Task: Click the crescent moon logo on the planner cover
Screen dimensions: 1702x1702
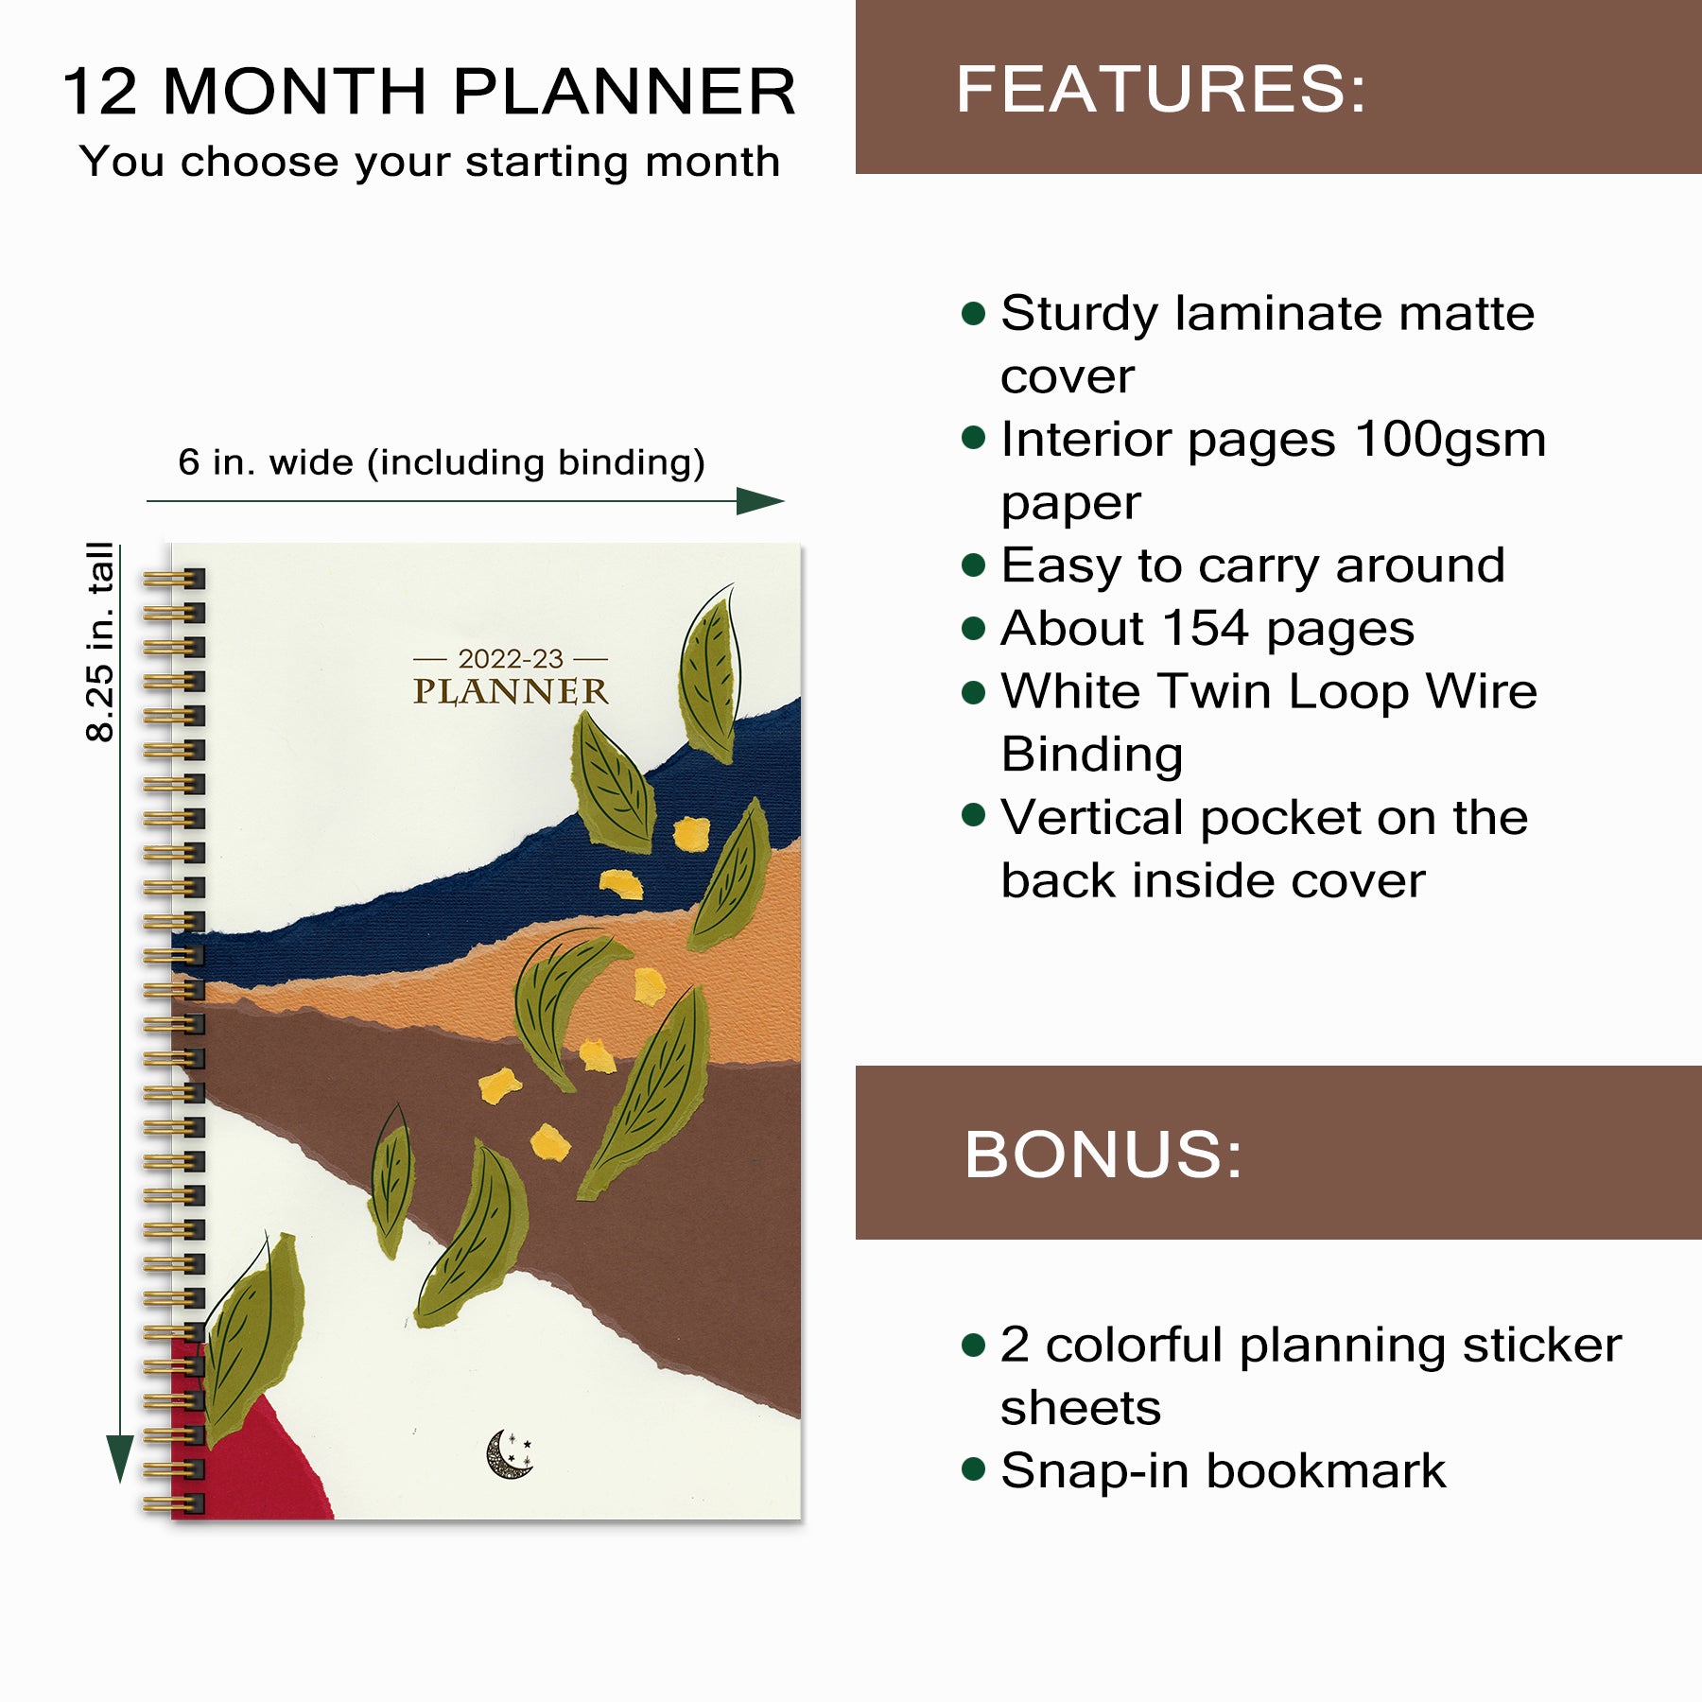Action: click(509, 1453)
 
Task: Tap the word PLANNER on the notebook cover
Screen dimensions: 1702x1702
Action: click(511, 691)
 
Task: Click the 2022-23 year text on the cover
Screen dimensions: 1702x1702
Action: click(511, 658)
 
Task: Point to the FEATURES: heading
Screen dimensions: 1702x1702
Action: click(1161, 89)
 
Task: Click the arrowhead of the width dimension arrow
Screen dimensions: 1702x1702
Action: click(760, 501)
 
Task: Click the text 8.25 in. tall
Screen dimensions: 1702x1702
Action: click(99, 642)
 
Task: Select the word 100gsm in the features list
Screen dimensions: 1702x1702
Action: click(1450, 439)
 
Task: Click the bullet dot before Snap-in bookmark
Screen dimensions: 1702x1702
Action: click(973, 1468)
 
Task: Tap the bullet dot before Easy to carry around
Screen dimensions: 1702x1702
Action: click(973, 565)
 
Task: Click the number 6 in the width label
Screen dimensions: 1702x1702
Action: click(189, 462)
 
